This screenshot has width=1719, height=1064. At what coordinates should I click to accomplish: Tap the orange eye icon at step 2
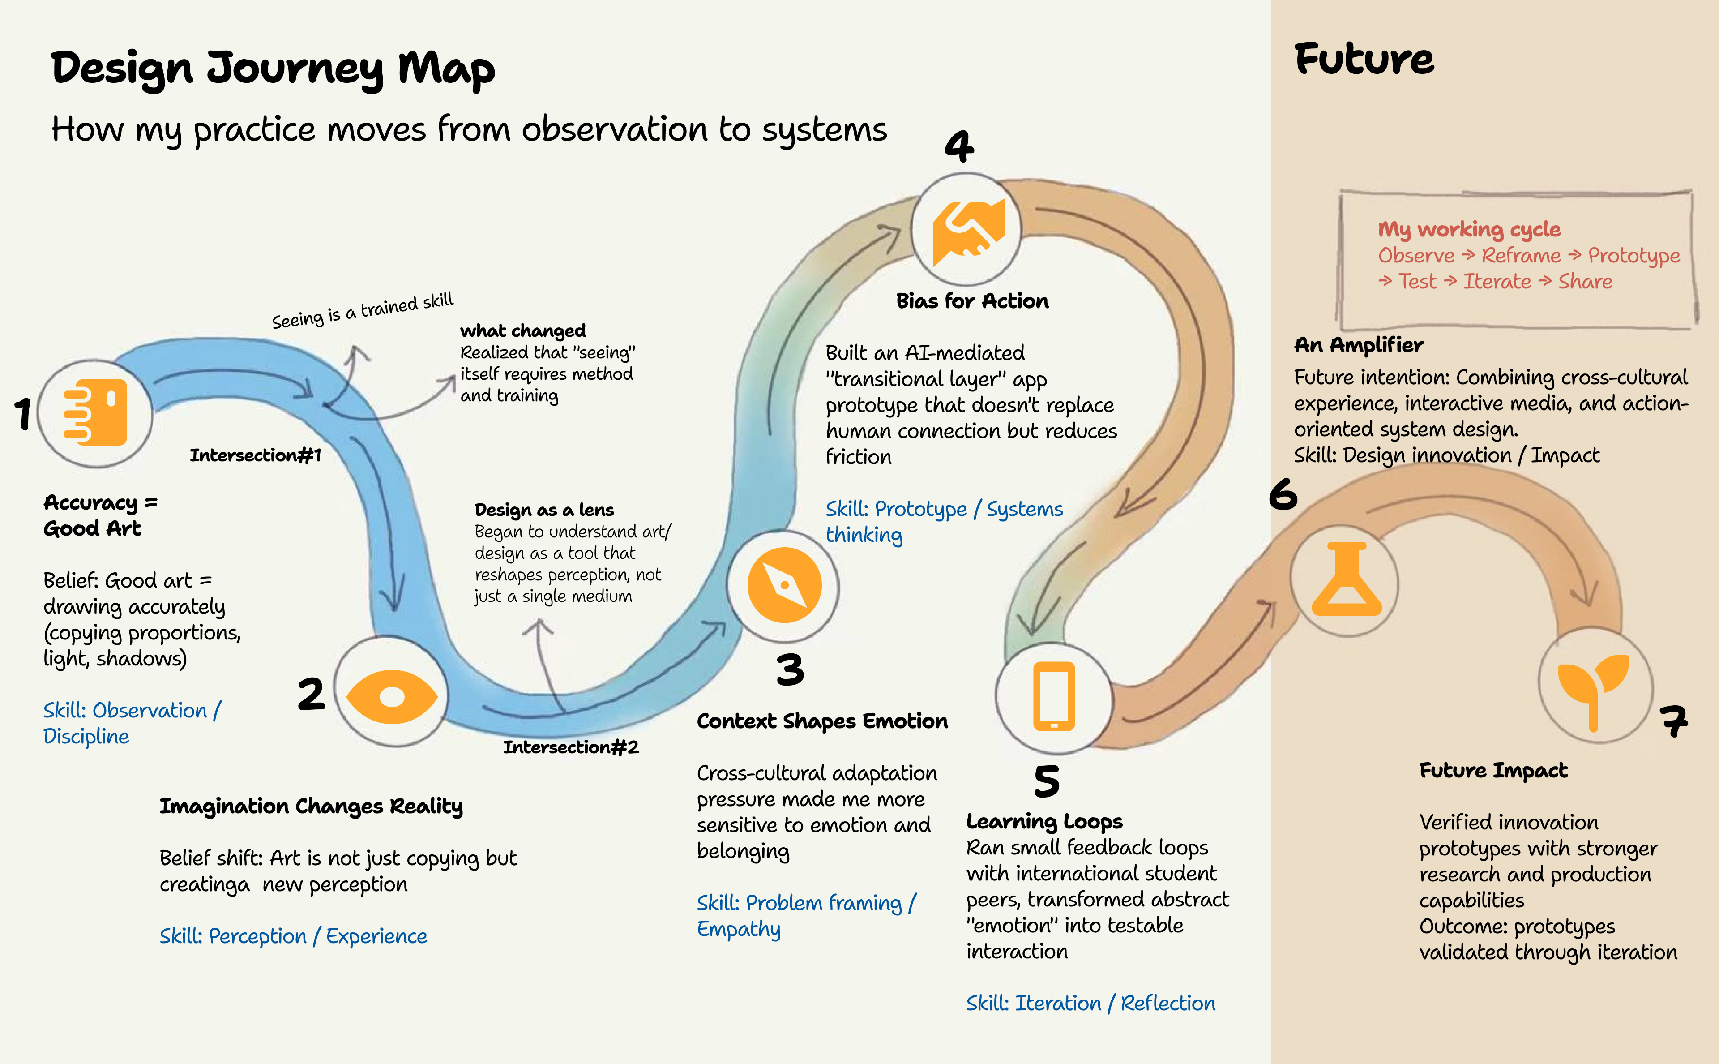click(391, 697)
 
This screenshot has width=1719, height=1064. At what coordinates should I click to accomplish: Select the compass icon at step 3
click(783, 585)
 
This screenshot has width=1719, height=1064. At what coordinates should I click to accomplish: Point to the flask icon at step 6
click(1346, 579)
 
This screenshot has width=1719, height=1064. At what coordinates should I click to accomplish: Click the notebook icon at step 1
click(96, 412)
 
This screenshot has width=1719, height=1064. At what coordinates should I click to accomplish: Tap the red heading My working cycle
click(1469, 229)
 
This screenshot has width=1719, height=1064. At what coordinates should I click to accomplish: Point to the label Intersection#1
click(255, 455)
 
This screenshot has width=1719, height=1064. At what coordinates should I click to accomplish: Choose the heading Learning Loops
click(1044, 821)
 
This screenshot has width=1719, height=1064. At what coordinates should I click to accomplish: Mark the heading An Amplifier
click(1358, 345)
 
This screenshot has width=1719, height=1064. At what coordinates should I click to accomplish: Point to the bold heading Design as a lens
click(544, 510)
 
